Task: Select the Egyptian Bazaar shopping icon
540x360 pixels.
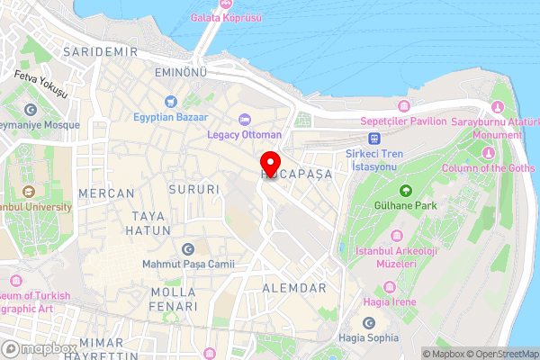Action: coord(170,102)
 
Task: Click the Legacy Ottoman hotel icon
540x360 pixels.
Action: coord(244,120)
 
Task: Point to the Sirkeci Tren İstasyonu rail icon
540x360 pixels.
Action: coord(374,139)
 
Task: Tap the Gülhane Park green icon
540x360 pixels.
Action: coord(405,190)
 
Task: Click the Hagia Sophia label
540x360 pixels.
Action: coord(368,338)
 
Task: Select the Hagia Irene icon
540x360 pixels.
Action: coord(389,287)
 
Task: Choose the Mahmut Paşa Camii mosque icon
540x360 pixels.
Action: coord(188,248)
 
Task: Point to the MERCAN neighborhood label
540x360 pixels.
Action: coord(106,193)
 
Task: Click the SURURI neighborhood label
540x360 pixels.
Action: coord(193,190)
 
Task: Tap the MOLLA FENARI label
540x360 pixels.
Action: coord(175,300)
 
